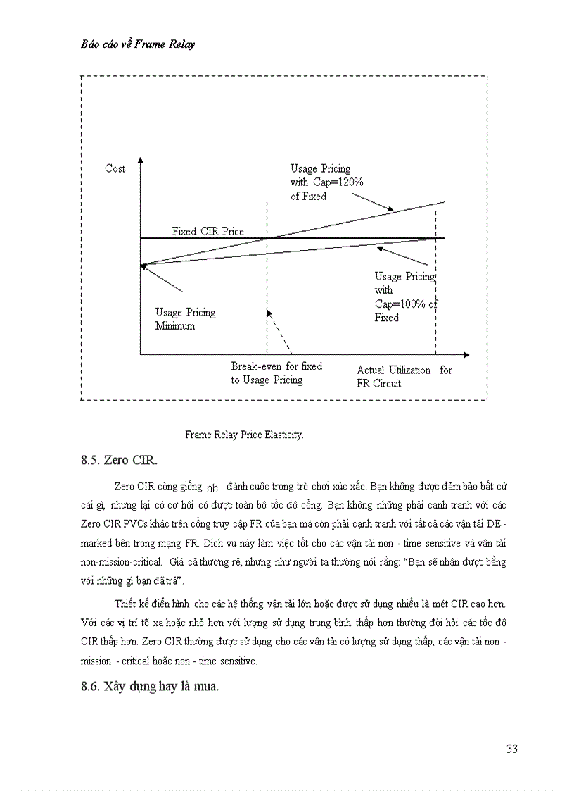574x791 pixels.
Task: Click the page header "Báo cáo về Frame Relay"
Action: click(137, 44)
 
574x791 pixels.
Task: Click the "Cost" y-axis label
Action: click(115, 168)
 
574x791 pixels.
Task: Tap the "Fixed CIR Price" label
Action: click(208, 231)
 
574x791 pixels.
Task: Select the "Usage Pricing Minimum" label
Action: click(185, 319)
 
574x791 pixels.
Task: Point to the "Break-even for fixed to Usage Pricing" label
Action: click(276, 373)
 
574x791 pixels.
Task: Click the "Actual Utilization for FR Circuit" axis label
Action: click(404, 377)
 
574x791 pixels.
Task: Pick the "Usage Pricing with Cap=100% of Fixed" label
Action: click(405, 297)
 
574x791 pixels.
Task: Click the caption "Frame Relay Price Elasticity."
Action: click(244, 435)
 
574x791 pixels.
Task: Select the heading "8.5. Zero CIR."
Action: click(120, 461)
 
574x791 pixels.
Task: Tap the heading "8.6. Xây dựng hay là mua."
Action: click(150, 687)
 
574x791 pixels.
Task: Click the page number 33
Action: click(511, 749)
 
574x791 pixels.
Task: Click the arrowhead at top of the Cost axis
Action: click(141, 161)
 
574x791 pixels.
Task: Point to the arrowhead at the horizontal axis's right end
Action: click(466, 354)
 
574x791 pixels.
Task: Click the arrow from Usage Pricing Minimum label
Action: click(162, 278)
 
